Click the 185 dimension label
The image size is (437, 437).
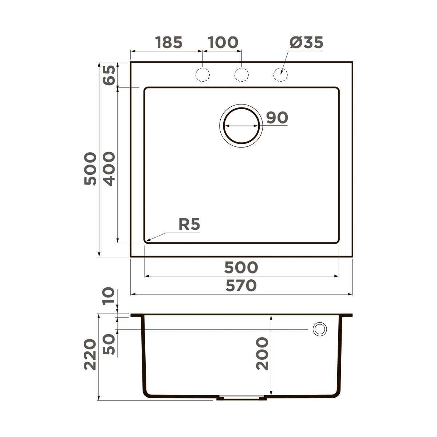coord(169,43)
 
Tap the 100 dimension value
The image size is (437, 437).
coord(223,43)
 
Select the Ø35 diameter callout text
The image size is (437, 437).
coord(306,43)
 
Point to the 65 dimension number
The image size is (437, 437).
coord(109,75)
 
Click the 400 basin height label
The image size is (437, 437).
coord(109,169)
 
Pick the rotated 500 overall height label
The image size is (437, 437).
coord(90,169)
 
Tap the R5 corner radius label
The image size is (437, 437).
coord(189,224)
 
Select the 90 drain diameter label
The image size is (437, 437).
coord(277,118)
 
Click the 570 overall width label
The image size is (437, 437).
coord(241,286)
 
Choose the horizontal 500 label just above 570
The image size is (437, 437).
coord(241,268)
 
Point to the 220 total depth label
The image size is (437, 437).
coord(90,355)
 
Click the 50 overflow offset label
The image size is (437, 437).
coord(109,345)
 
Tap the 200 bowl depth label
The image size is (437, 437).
coord(262,354)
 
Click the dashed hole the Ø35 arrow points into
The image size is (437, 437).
coord(280,75)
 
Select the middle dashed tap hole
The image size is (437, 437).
coord(241,75)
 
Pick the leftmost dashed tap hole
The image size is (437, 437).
coord(202,75)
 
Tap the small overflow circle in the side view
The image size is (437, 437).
coord(320,329)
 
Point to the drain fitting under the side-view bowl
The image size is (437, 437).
coord(241,398)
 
